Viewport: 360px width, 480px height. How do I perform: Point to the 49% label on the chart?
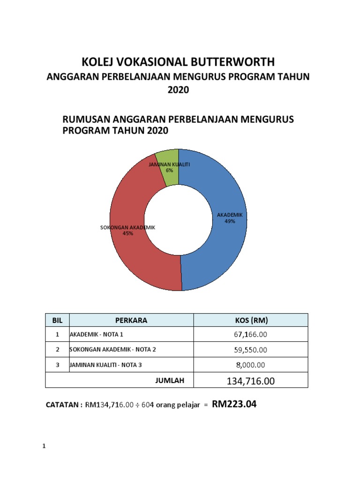click(x=230, y=221)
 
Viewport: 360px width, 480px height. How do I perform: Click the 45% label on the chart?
click(x=127, y=233)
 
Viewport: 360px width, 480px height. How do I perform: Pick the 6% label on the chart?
click(x=169, y=171)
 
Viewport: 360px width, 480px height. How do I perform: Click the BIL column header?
click(x=57, y=321)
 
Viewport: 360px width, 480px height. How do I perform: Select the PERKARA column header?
click(x=131, y=321)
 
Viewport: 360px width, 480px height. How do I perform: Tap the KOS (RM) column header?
click(x=251, y=321)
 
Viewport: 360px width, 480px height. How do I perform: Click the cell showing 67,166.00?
click(x=251, y=335)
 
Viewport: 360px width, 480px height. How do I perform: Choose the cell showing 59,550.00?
click(x=251, y=350)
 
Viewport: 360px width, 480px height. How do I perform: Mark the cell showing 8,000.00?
click(x=251, y=365)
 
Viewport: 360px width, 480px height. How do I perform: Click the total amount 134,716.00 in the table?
click(x=251, y=382)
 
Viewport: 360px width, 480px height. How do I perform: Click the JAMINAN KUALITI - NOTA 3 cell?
click(x=105, y=365)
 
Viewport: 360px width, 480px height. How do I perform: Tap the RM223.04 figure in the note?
click(x=234, y=404)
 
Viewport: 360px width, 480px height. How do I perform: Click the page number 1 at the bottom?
click(x=44, y=446)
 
